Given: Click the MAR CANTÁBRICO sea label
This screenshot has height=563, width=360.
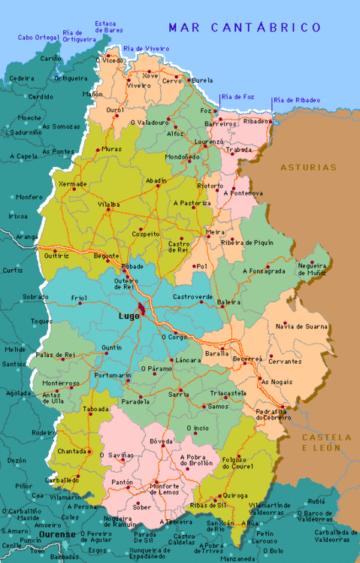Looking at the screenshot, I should point(244,28).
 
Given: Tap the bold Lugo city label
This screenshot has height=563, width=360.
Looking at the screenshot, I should point(129,316).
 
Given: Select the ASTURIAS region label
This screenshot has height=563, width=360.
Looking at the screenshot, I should point(309,167).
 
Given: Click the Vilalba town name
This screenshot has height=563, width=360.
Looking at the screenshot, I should point(109,204).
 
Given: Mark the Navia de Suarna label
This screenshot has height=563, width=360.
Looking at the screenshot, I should point(301,326).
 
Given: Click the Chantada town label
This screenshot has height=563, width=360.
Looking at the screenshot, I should point(71,451).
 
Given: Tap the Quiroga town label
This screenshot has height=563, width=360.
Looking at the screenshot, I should point(232,496).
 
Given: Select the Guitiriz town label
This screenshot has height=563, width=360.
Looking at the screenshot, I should point(57,256).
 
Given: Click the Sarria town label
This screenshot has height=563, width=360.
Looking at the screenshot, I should point(178,393).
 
